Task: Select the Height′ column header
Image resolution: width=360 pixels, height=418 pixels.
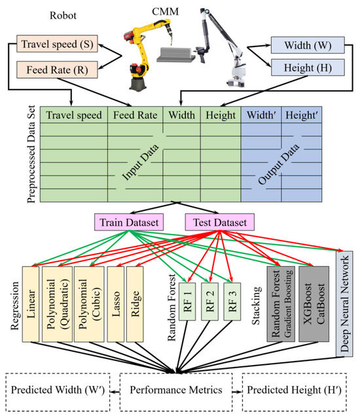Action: tap(302, 115)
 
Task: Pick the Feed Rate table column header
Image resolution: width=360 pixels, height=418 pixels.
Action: tap(134, 115)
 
